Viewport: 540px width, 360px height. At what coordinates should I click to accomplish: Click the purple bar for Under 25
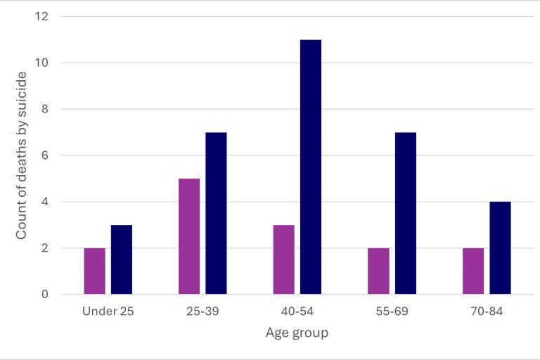pyautogui.click(x=94, y=271)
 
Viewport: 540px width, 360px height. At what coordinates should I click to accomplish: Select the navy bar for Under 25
pyautogui.click(x=122, y=259)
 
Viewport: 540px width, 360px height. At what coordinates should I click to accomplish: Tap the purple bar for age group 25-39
pyautogui.click(x=189, y=236)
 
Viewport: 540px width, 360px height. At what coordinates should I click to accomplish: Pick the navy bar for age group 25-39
pyautogui.click(x=216, y=213)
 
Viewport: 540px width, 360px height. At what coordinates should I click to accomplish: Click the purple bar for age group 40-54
pyautogui.click(x=283, y=259)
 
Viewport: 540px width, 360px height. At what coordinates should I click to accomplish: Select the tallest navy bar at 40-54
pyautogui.click(x=311, y=167)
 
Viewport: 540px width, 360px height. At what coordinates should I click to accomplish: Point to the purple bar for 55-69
pyautogui.click(x=378, y=271)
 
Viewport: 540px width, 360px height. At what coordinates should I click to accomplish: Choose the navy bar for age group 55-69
pyautogui.click(x=406, y=213)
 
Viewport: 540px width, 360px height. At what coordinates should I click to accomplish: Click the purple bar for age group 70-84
pyautogui.click(x=473, y=271)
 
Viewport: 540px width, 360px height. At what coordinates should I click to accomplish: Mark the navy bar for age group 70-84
pyautogui.click(x=500, y=247)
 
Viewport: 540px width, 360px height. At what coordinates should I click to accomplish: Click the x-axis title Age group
pyautogui.click(x=297, y=333)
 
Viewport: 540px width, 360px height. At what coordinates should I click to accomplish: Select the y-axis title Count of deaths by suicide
pyautogui.click(x=21, y=155)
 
